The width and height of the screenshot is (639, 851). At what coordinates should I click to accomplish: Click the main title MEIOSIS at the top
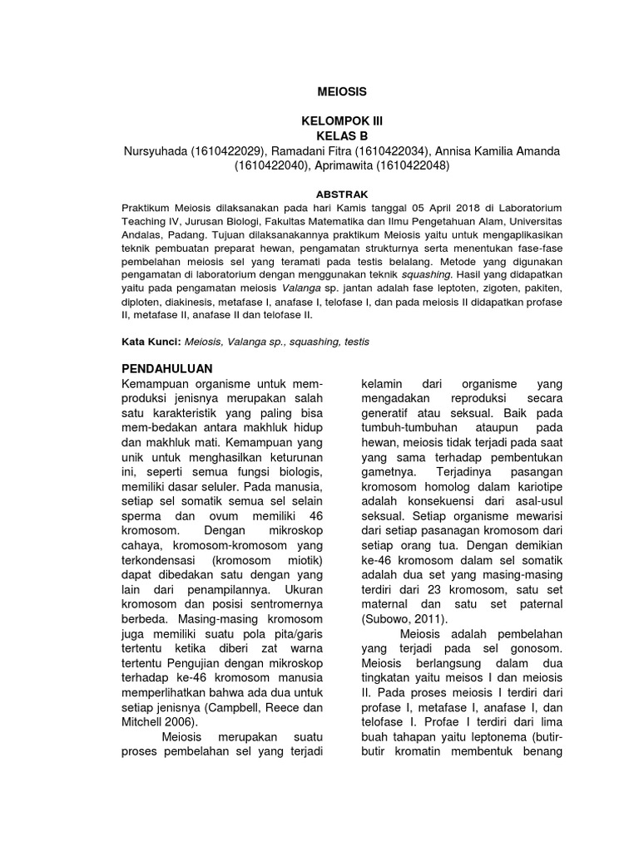tap(342, 91)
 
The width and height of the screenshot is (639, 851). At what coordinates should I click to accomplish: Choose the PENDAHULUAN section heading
tap(167, 367)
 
